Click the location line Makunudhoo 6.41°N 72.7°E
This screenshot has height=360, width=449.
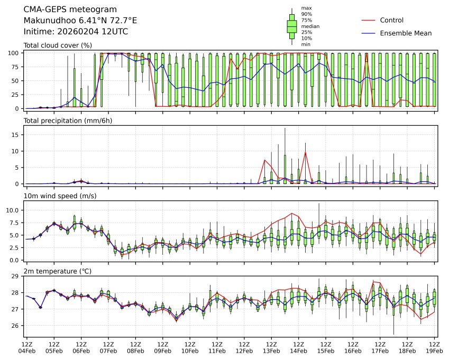click(x=80, y=21)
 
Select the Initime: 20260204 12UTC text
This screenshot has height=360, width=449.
click(x=76, y=32)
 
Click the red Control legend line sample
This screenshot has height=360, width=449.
click(x=369, y=20)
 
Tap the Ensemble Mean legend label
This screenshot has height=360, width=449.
click(x=406, y=33)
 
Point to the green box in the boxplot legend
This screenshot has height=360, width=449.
click(x=291, y=26)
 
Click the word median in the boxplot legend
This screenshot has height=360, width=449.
click(x=310, y=26)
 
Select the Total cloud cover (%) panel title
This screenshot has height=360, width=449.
click(x=58, y=45)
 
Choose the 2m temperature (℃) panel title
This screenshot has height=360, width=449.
click(x=58, y=271)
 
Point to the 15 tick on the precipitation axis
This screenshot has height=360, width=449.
click(x=17, y=135)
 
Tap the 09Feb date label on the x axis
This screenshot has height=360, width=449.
click(x=162, y=350)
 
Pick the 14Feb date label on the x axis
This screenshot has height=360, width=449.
click(x=298, y=350)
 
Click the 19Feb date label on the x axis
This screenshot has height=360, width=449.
click(x=434, y=350)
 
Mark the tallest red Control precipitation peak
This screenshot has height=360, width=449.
click(x=305, y=152)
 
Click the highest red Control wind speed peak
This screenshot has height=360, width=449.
click(x=291, y=213)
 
